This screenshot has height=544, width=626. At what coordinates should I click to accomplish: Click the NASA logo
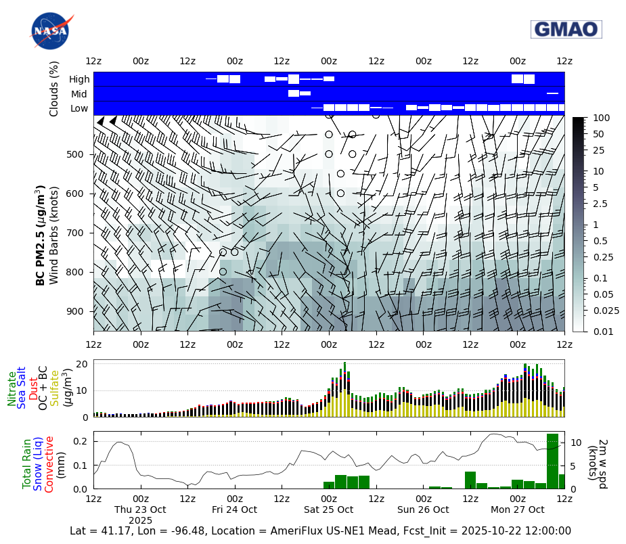tap(49, 31)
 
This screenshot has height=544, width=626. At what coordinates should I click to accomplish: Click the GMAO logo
tap(566, 29)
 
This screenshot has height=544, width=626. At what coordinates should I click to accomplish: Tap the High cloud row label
tap(79, 79)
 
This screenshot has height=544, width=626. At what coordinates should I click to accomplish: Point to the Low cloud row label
tap(79, 108)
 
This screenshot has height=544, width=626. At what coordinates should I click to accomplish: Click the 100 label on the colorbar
tap(600, 118)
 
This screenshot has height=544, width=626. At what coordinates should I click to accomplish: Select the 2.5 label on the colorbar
tap(600, 204)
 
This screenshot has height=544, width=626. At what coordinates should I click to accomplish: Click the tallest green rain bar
tap(552, 461)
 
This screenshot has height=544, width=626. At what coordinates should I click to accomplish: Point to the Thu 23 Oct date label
tap(140, 509)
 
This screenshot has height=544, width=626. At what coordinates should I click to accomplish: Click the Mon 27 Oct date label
tap(518, 509)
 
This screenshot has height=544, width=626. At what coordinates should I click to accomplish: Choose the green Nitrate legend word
tap(12, 388)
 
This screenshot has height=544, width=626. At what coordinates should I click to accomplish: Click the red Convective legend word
tap(49, 463)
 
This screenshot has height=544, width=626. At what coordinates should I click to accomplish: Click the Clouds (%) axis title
tap(54, 89)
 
